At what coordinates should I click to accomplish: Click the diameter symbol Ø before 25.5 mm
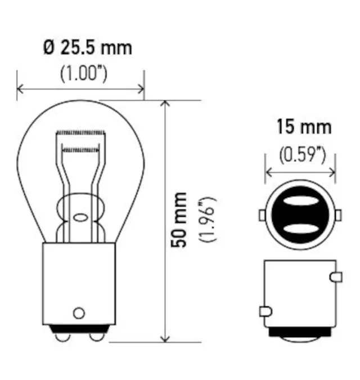[x=49, y=48]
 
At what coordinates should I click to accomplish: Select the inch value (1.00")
[x=83, y=74]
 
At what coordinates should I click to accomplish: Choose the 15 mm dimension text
[x=303, y=127]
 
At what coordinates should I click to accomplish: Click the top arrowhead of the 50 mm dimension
[x=165, y=105]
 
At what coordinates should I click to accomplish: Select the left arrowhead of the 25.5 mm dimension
[x=21, y=88]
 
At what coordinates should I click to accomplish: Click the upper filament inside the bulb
[x=81, y=133]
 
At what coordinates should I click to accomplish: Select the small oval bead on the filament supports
[x=79, y=217]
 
